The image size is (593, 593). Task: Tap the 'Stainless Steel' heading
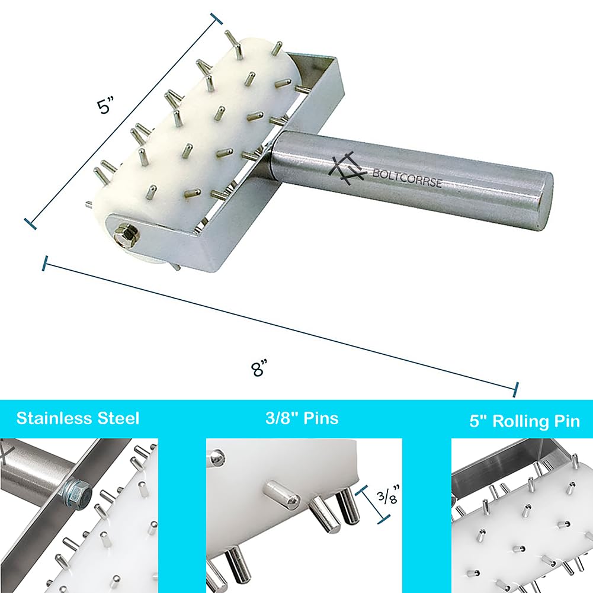coord(78,418)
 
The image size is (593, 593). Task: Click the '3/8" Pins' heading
coord(303,418)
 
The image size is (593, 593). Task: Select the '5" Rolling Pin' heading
coord(524,421)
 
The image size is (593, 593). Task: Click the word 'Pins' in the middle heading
coord(322,418)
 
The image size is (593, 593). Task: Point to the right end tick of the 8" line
coord(517,388)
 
